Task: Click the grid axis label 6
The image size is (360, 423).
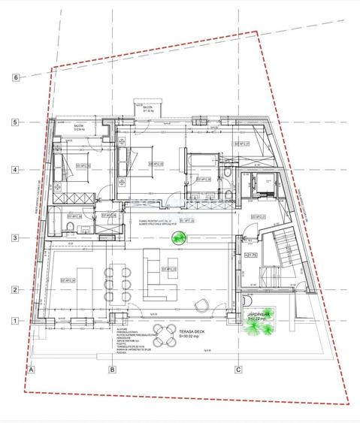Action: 15,77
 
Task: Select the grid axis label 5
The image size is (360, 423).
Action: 15,122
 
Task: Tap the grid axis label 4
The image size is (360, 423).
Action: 15,170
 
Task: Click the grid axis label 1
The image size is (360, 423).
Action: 15,320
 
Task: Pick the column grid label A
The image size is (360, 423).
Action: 32,369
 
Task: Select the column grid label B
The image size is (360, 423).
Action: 111,369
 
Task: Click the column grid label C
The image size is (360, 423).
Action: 238,369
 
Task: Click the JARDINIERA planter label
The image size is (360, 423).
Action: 259,316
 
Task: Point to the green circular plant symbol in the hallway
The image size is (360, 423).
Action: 179,239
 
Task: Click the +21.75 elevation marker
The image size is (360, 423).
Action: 250,255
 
